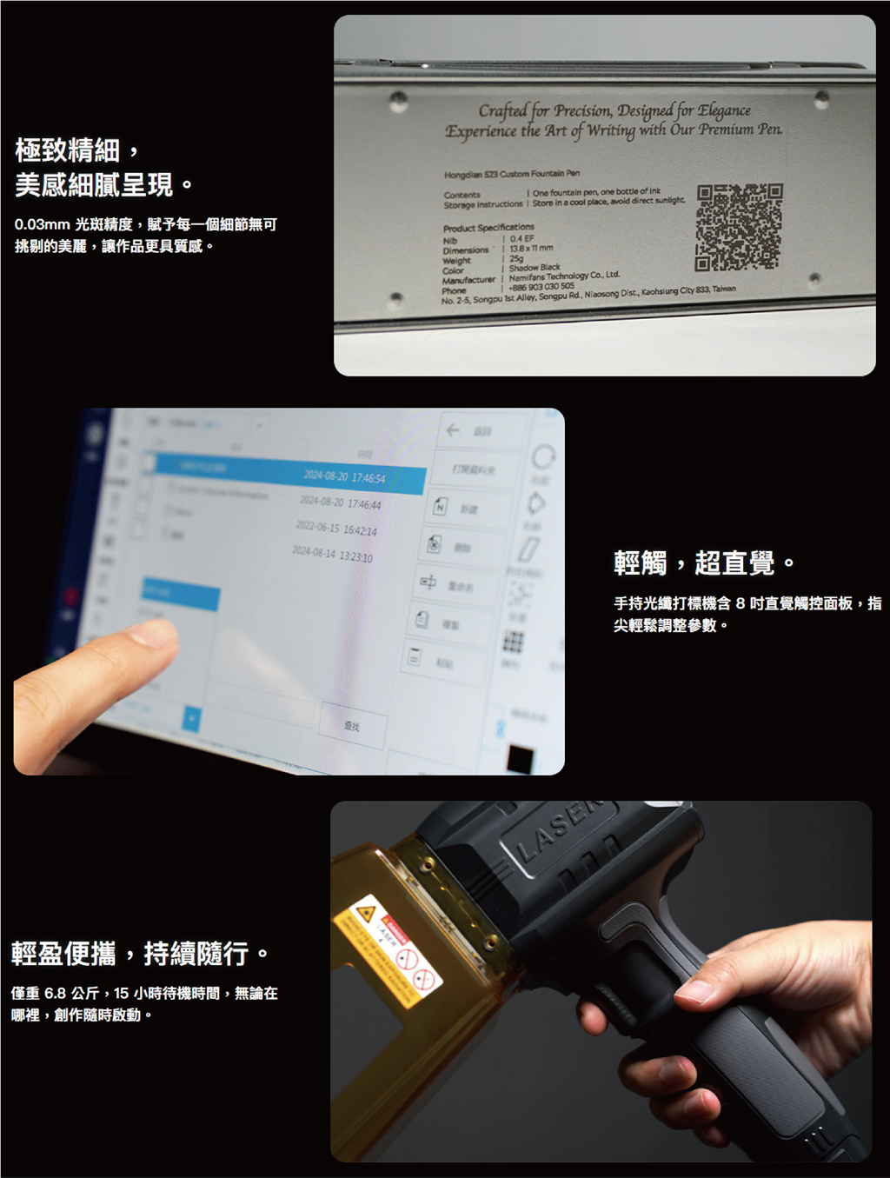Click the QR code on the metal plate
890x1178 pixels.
pos(739,227)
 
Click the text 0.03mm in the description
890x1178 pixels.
pos(42,225)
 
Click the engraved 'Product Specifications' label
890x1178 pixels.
pos(488,228)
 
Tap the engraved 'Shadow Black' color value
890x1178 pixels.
pos(535,268)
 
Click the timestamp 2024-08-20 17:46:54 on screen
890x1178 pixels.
pos(344,477)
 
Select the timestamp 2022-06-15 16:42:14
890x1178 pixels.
pos(335,529)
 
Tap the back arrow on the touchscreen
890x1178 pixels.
pos(453,430)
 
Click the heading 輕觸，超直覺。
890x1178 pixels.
pos(704,563)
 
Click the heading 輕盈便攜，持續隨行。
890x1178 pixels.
pos(140,954)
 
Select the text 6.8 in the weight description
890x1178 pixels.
pos(55,993)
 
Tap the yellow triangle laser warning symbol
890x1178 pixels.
pos(365,914)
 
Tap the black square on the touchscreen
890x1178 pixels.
pos(520,758)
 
